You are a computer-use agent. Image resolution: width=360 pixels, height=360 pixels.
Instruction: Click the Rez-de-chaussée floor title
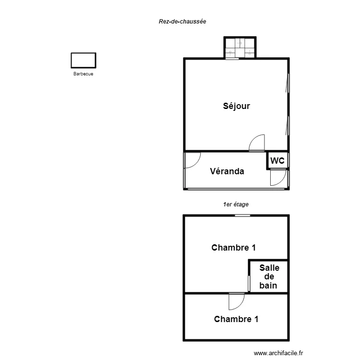pos(182,21)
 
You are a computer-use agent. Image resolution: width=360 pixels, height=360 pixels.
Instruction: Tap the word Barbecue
pos(84,74)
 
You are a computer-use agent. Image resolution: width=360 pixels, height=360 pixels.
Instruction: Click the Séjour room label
pos(237,106)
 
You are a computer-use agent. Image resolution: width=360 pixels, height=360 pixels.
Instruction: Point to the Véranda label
pos(227,171)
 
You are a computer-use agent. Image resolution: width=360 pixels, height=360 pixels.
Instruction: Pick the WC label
pos(277,160)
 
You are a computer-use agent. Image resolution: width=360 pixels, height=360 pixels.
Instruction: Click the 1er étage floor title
pos(236,204)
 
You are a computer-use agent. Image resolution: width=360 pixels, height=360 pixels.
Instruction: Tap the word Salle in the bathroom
pos(269,268)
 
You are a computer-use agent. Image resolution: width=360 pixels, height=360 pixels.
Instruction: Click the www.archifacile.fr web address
pos(278,353)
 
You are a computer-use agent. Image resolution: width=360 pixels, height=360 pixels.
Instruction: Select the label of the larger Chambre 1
pos(233,248)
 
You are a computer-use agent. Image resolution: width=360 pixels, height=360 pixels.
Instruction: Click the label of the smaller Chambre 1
pos(236,319)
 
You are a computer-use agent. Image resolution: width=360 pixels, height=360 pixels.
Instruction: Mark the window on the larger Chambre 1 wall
pos(242,216)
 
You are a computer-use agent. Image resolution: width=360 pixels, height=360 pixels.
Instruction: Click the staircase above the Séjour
pos(240,48)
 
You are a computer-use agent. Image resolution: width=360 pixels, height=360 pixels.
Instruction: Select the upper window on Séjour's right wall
pos(288,83)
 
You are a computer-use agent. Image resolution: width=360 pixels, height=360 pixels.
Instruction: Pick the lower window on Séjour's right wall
pos(288,126)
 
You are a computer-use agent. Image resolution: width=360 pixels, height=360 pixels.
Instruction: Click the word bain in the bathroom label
pos(268,286)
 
